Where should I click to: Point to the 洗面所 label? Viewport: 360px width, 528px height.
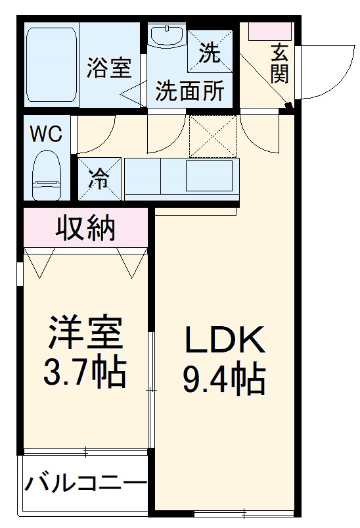point(189,91)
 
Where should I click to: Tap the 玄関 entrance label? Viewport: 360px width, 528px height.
point(279,63)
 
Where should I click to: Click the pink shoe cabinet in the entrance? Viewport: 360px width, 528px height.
point(269,30)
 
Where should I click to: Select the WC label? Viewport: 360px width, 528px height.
point(46,134)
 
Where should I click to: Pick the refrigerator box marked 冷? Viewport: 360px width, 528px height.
point(99,178)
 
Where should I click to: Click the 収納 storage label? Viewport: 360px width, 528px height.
point(85,228)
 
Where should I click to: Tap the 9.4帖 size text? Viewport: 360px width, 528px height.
point(223,380)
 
